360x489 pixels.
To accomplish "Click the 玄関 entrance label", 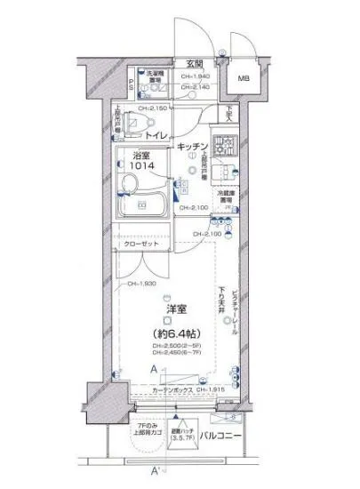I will click(195, 62).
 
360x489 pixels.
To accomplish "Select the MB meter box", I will click(243, 78).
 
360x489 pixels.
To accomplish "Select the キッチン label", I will click(193, 145).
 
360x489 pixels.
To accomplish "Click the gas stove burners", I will click(227, 144).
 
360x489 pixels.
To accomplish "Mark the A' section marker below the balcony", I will click(156, 471).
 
